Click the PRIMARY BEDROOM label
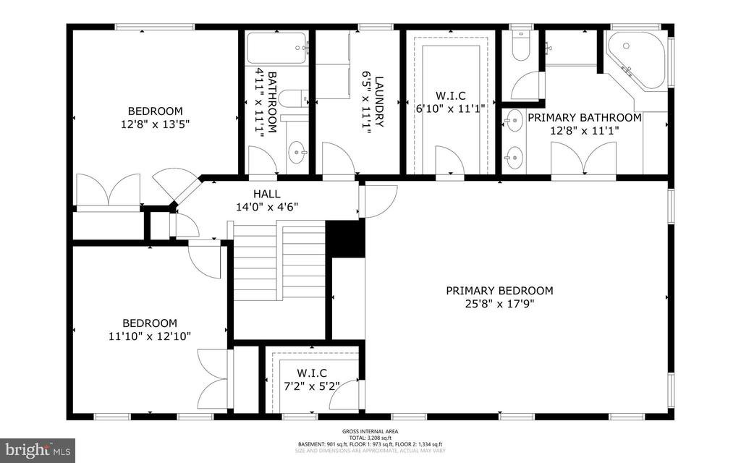499,291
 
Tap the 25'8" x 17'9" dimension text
499,304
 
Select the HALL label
267,194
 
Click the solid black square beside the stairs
344,239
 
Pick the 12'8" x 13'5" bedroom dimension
155,124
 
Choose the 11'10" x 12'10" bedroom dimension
150,336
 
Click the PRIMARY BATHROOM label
584,117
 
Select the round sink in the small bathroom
297,153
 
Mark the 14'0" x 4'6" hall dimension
267,207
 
